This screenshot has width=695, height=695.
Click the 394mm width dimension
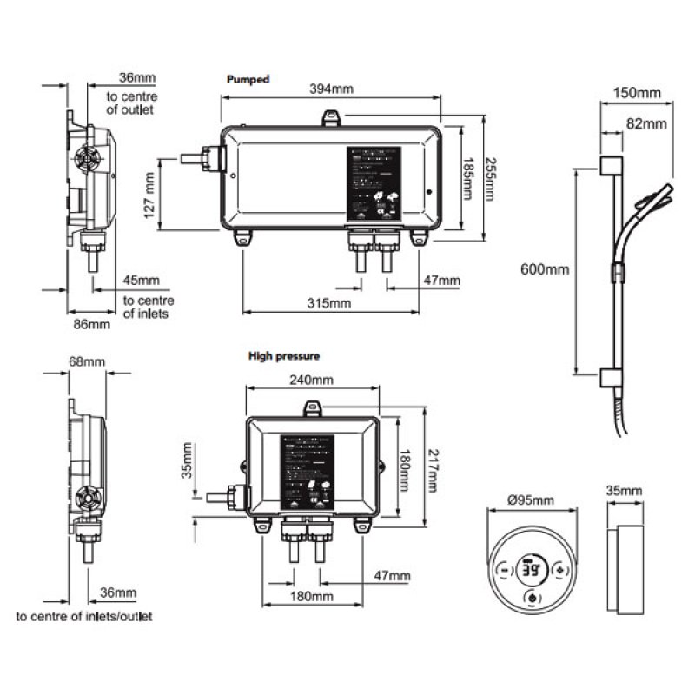pyautogui.click(x=334, y=89)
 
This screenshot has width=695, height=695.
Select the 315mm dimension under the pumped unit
pyautogui.click(x=329, y=303)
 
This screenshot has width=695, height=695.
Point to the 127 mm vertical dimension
pyautogui.click(x=149, y=194)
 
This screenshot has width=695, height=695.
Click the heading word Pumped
pyautogui.click(x=248, y=79)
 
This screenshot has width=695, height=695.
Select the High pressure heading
pyautogui.click(x=284, y=356)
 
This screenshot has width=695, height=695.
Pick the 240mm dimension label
pyautogui.click(x=310, y=381)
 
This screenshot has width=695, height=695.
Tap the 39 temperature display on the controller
pyautogui.click(x=529, y=571)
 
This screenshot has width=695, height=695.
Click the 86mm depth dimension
pyautogui.click(x=89, y=325)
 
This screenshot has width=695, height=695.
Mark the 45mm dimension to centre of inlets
pyautogui.click(x=142, y=280)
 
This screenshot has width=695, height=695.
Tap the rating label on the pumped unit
pyautogui.click(x=375, y=182)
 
